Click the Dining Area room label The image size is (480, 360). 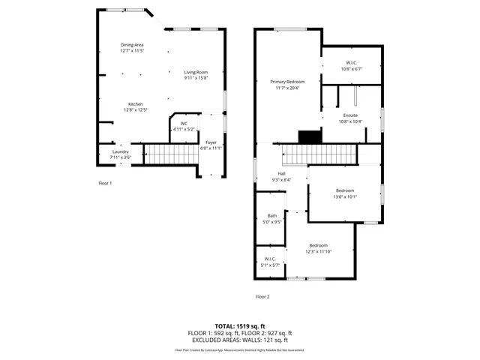pos(132,45)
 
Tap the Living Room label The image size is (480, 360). pos(196,72)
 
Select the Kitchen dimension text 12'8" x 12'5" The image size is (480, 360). pos(136,110)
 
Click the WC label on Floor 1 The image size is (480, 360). pos(184,124)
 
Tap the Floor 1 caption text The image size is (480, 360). pos(105,183)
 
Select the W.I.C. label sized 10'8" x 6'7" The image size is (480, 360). pos(352,62)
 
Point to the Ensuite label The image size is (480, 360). pos(350,115)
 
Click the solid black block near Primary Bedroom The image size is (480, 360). pos(309,136)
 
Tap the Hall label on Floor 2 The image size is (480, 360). pos(282,174)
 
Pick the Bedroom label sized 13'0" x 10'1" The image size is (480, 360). pos(346,190)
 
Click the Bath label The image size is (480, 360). pos(271,216)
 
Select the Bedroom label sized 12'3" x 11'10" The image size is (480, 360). pos(319,245)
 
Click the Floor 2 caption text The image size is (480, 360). pos(262,297)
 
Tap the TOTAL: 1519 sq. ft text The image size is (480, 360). pos(240,325)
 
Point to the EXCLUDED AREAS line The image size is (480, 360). pos(240,339)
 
